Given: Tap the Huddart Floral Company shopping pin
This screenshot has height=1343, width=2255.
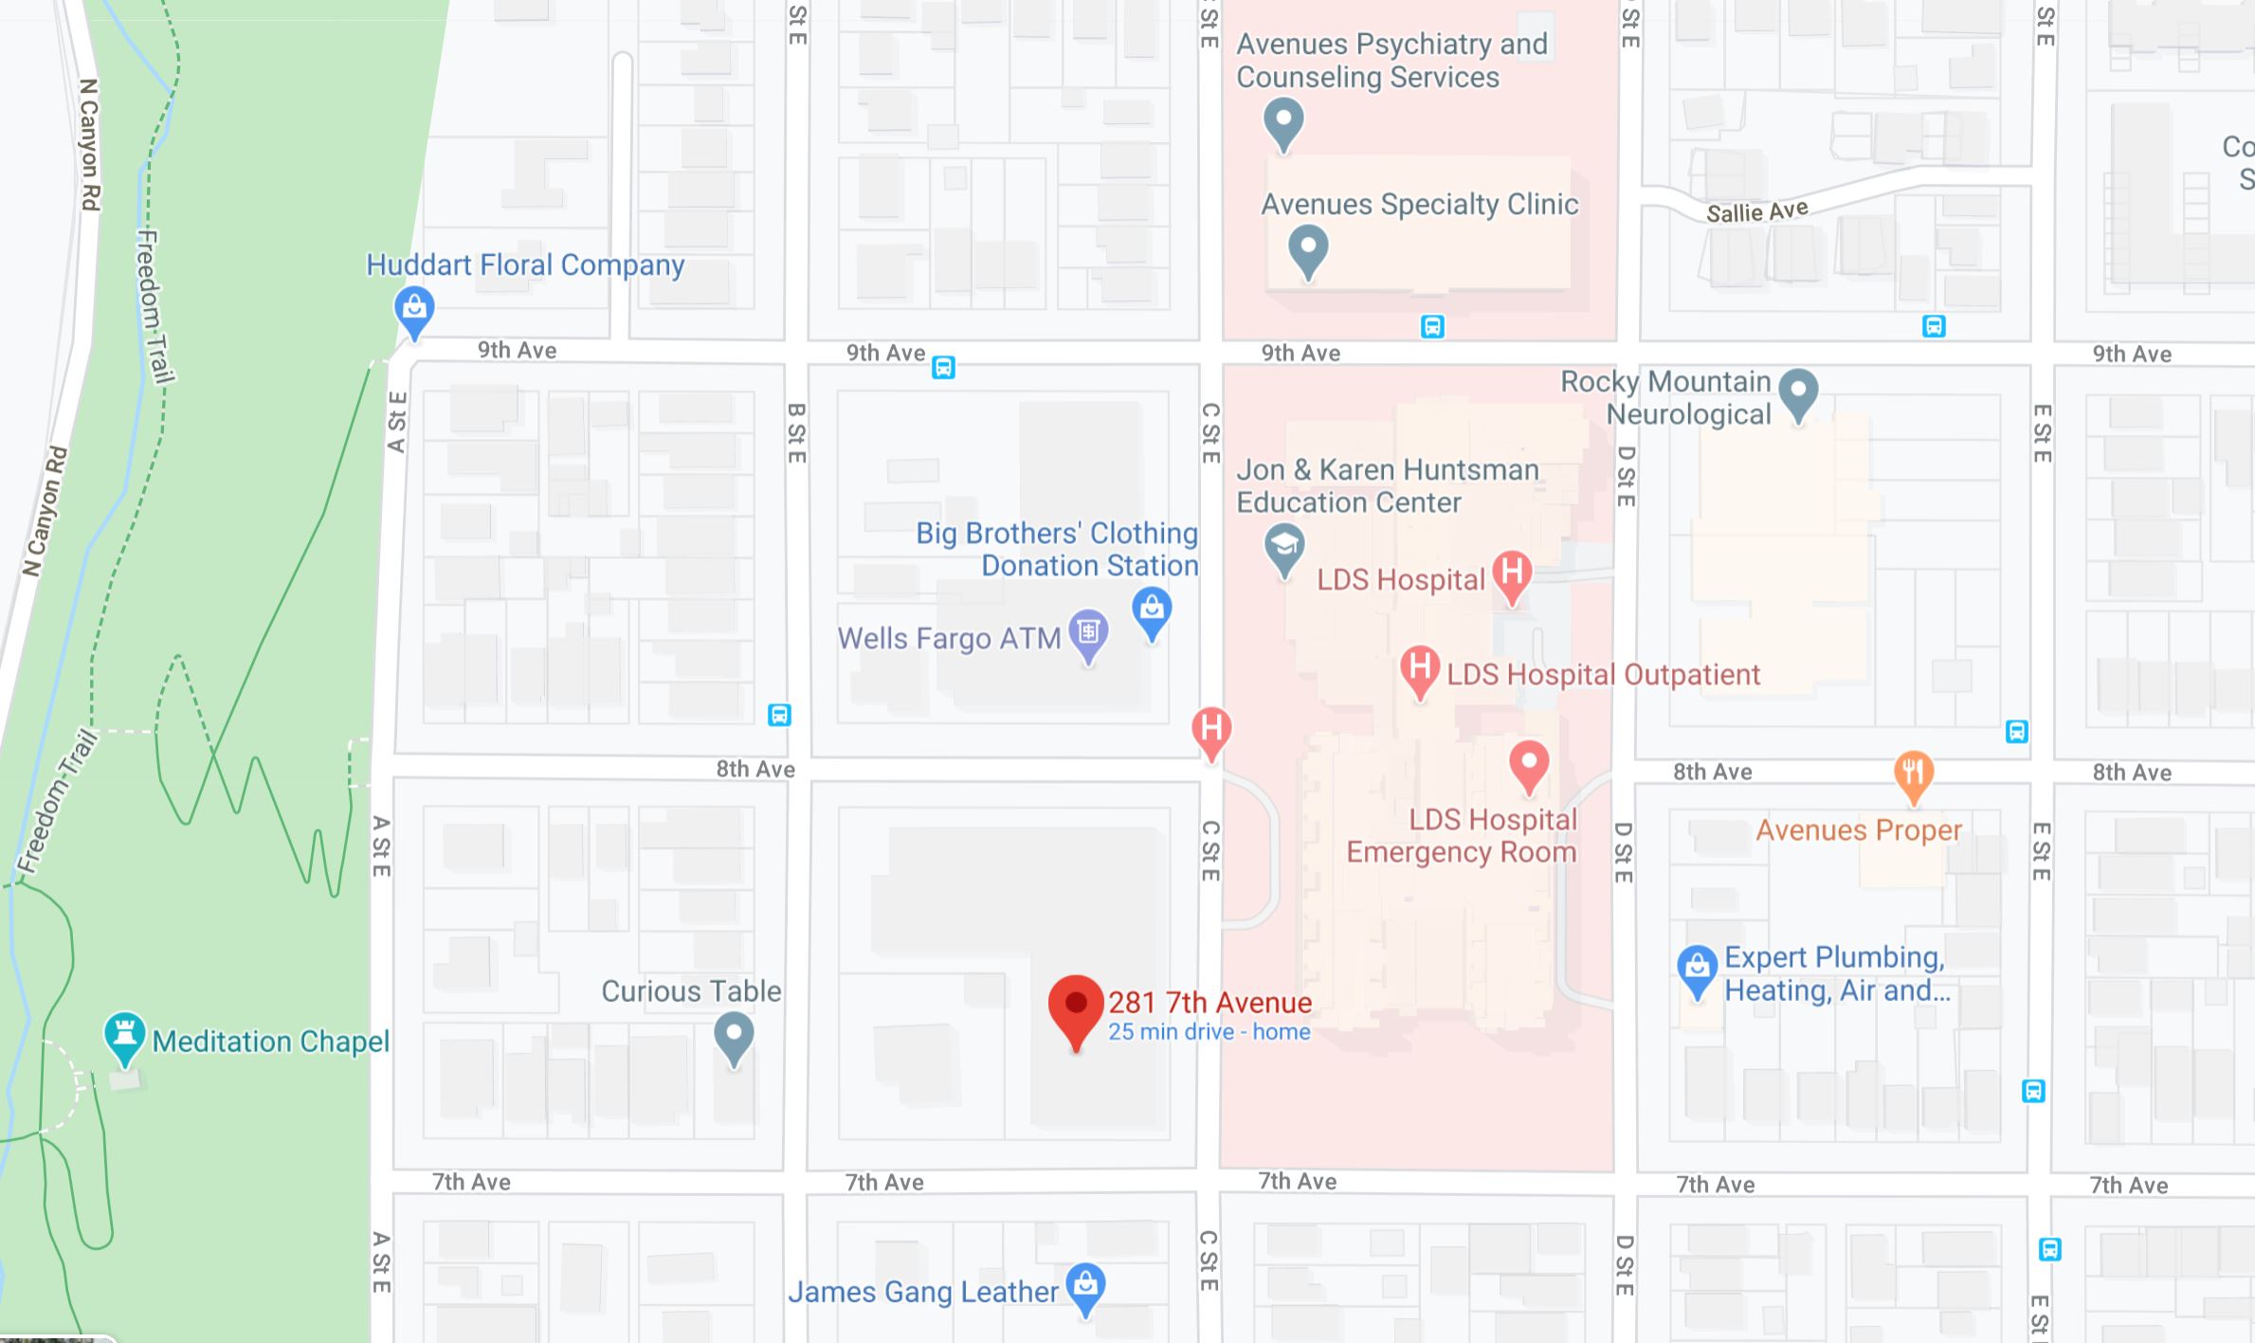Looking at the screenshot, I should pyautogui.click(x=414, y=309).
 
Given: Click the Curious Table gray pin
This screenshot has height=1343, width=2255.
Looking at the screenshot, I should pyautogui.click(x=734, y=1035).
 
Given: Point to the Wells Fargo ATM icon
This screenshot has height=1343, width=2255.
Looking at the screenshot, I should pyautogui.click(x=1088, y=632).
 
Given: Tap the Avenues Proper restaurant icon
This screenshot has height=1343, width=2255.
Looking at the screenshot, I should pyautogui.click(x=1913, y=773).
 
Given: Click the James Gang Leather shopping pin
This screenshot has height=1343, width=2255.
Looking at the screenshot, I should pyautogui.click(x=1085, y=1286).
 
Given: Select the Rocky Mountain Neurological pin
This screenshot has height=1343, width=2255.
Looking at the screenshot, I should pyautogui.click(x=1798, y=391).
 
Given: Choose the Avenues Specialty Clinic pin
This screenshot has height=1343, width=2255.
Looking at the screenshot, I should pyautogui.click(x=1308, y=248).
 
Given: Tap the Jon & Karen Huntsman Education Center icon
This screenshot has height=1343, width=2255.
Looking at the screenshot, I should pyautogui.click(x=1284, y=547).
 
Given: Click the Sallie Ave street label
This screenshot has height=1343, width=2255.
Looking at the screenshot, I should pyautogui.click(x=1756, y=211).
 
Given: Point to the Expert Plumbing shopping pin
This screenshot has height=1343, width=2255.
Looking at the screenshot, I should pyautogui.click(x=1697, y=968).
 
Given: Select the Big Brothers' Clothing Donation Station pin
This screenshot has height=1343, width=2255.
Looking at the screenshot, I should pyautogui.click(x=1152, y=609).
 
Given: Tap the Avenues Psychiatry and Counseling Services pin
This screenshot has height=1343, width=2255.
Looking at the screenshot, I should pyautogui.click(x=1283, y=121).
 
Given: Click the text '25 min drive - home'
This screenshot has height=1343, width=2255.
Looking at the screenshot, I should pyautogui.click(x=1209, y=1032).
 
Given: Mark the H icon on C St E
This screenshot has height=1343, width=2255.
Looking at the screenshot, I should pyautogui.click(x=1210, y=730).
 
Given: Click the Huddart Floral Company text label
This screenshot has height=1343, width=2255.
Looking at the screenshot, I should pyautogui.click(x=525, y=264).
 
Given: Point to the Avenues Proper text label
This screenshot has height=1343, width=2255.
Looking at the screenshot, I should pyautogui.click(x=1858, y=830).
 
